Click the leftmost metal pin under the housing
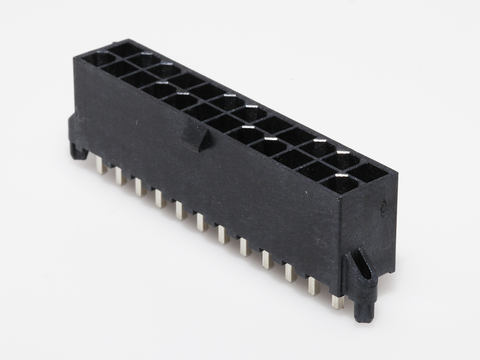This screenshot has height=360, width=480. point(100,166)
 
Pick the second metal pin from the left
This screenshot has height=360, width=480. point(118,176)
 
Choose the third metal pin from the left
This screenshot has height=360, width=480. point(138,184)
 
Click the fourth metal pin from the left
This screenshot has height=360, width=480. point(158,194)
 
